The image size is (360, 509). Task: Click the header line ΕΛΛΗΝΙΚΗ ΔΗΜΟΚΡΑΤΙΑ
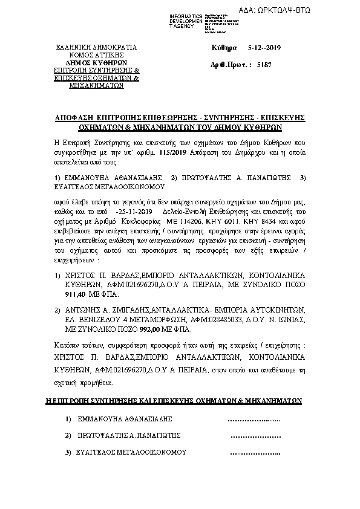(x=96, y=47)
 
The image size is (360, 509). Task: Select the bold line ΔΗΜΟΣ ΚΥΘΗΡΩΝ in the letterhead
(x=96, y=62)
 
